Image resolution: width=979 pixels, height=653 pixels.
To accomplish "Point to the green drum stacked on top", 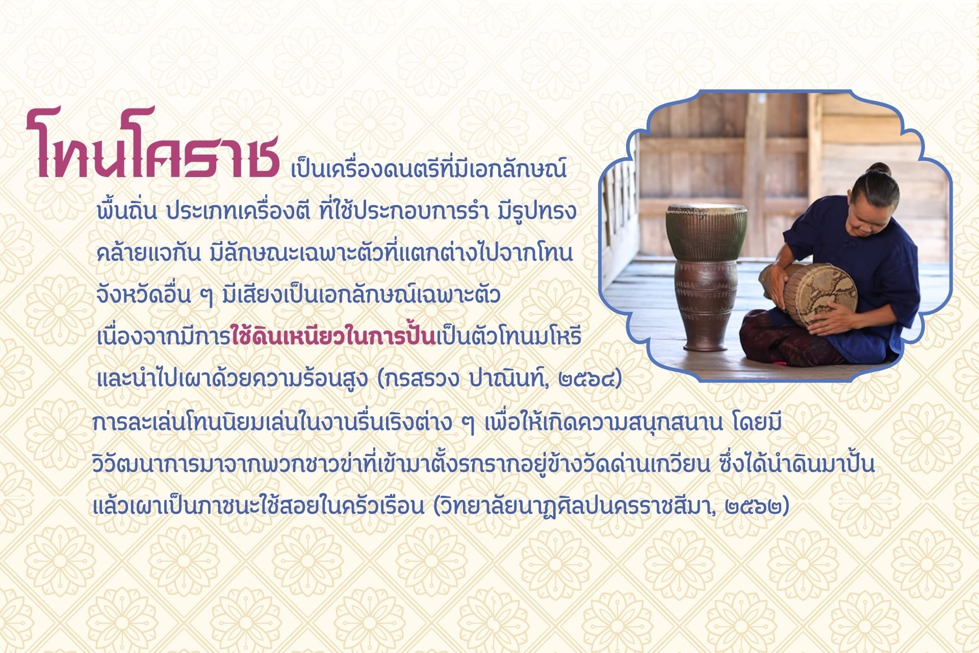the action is (x=706, y=232).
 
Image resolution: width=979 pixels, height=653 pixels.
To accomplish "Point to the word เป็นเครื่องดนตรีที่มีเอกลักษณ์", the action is (x=429, y=169).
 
